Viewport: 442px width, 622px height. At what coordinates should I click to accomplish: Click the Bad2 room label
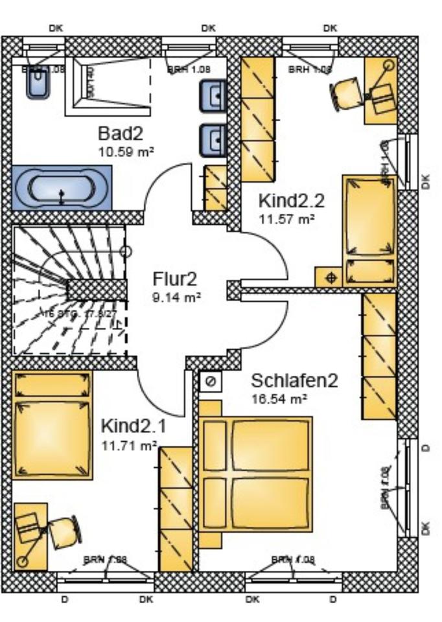pyautogui.click(x=120, y=134)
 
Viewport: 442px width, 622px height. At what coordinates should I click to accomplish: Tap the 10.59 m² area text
pyautogui.click(x=126, y=152)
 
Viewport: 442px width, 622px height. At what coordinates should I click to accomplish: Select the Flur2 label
pyautogui.click(x=174, y=279)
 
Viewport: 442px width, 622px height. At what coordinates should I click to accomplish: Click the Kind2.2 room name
pyautogui.click(x=291, y=200)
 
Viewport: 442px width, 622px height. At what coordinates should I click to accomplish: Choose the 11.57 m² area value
pyautogui.click(x=286, y=219)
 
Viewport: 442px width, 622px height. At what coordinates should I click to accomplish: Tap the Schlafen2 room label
pyautogui.click(x=295, y=380)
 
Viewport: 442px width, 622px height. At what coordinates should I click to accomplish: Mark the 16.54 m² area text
pyautogui.click(x=279, y=398)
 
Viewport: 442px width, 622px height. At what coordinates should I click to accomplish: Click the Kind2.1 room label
pyautogui.click(x=134, y=426)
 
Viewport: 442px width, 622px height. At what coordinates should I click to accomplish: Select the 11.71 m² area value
pyautogui.click(x=129, y=445)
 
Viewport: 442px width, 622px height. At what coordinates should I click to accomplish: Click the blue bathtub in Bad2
pyautogui.click(x=61, y=187)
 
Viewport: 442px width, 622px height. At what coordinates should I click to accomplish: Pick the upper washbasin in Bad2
pyautogui.click(x=213, y=95)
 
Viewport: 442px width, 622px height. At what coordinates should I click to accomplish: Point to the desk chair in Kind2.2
pyautogui.click(x=347, y=93)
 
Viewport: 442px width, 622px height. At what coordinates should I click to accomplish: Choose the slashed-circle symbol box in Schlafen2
pyautogui.click(x=211, y=382)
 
